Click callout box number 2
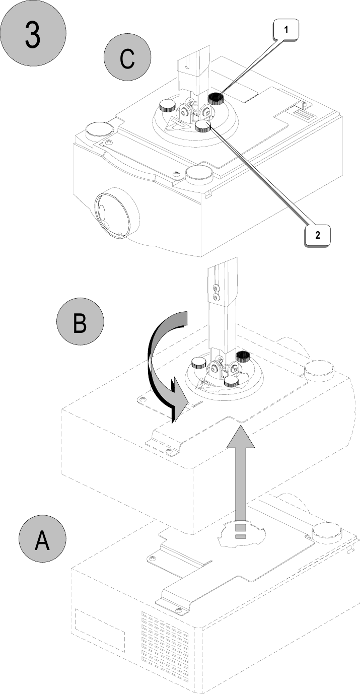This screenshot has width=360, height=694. click(318, 235)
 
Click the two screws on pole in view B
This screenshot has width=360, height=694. click(217, 293)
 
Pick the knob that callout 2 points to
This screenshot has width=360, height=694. click(203, 125)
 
